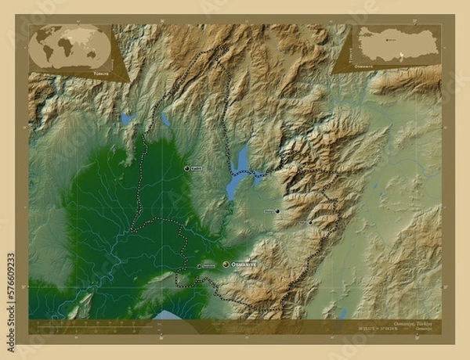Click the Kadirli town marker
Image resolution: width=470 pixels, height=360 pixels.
click(x=187, y=168)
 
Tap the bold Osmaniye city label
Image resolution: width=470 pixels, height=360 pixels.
click(x=244, y=265)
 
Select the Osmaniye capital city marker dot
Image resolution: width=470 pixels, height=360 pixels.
click(x=226, y=265)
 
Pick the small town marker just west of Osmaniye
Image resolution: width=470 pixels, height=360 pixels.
click(x=199, y=266)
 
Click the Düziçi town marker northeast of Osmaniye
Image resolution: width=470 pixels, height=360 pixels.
click(x=277, y=211)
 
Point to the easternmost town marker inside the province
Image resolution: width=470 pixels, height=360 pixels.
click(x=311, y=221)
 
